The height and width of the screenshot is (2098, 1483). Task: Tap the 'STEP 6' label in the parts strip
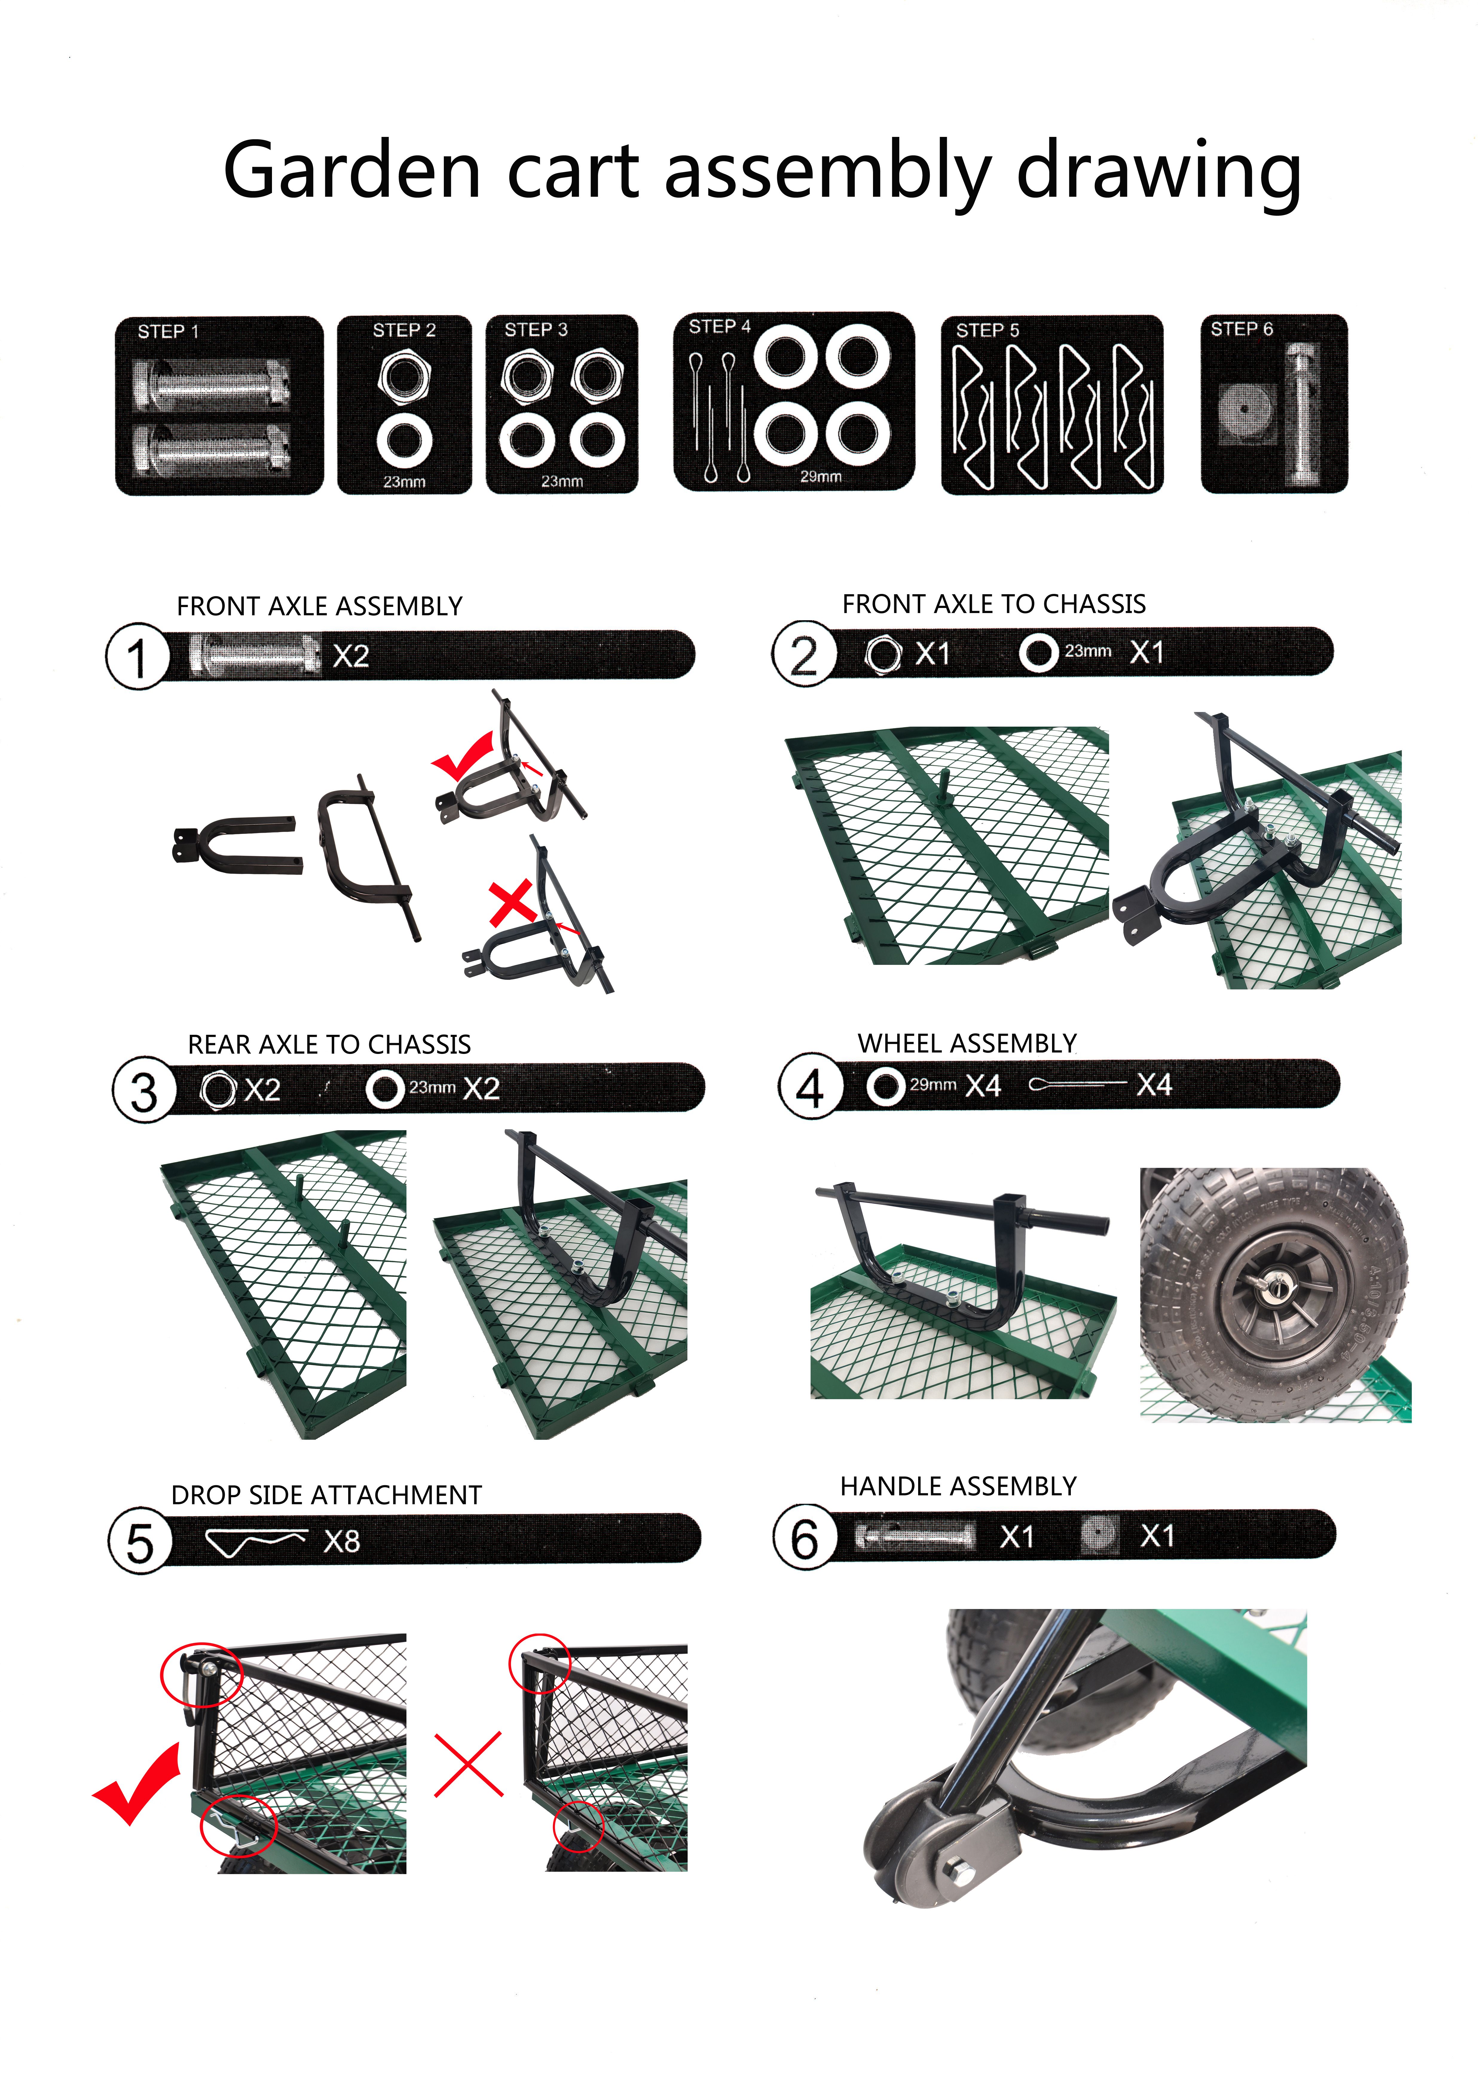(1241, 329)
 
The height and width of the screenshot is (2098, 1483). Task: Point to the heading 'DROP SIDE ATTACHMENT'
(326, 1495)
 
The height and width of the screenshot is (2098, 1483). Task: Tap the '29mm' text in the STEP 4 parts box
(820, 476)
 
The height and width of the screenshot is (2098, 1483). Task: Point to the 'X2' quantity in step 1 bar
(351, 656)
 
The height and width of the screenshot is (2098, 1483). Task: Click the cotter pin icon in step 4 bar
(1077, 1085)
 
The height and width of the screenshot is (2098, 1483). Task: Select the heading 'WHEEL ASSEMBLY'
(967, 1043)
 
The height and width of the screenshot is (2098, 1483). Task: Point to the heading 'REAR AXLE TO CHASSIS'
(329, 1044)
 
